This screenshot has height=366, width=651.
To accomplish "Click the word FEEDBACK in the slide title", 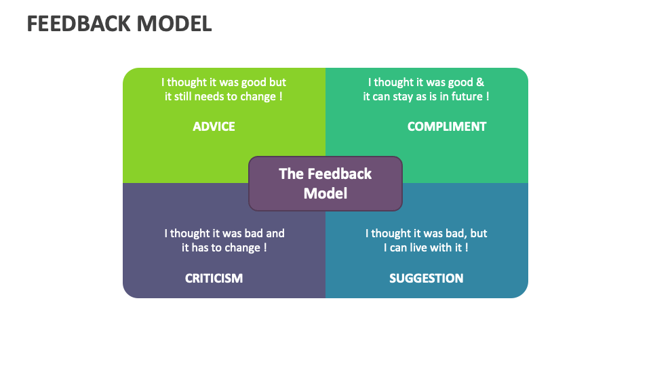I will coord(78,24).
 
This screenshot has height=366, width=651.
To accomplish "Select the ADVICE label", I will coord(214,126).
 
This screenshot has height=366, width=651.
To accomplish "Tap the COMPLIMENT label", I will coord(447,126).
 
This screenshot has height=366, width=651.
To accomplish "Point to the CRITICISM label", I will coord(214,278).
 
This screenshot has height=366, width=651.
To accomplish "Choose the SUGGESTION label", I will coord(427,278).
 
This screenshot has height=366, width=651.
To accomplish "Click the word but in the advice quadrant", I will coord(277,82).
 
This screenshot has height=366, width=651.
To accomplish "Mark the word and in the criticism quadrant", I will coord(274,233).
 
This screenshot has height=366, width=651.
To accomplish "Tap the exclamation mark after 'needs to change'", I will coord(281,96).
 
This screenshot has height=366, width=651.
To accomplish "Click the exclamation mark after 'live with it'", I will coord(467,247).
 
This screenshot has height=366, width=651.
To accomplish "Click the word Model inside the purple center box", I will coord(325,193).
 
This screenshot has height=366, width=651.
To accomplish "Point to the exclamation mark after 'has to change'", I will coord(265,247).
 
